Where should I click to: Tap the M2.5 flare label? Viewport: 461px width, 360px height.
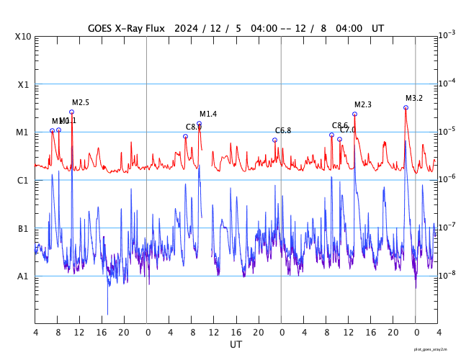point(80,103)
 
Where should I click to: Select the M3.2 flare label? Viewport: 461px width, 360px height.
point(414,99)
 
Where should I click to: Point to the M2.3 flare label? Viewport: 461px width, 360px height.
point(363,105)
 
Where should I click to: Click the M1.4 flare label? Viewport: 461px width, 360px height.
point(208,114)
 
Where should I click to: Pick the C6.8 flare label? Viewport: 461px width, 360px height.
point(283,130)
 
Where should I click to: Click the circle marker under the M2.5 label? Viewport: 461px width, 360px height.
point(71,112)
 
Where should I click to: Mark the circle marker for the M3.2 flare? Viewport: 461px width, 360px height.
point(406,107)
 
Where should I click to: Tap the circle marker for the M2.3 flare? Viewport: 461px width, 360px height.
point(354,114)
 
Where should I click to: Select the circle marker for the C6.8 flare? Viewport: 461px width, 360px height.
point(274,140)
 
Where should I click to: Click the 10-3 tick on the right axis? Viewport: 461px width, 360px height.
point(447,35)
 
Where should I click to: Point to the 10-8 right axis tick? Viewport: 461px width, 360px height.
point(447,275)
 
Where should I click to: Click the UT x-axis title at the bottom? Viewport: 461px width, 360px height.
point(236,345)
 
